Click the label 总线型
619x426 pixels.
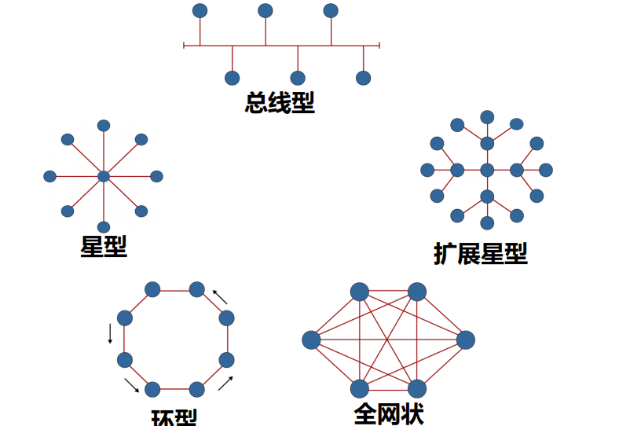pos(280,103)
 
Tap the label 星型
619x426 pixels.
pos(104,246)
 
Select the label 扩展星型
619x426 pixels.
pos(480,253)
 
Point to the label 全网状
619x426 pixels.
pos(389,413)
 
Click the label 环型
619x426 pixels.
pos(174,417)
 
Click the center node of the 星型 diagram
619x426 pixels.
pos(104,176)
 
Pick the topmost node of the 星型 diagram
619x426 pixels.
pos(104,126)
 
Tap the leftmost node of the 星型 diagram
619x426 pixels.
pos(49,176)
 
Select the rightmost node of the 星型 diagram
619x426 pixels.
pos(156,176)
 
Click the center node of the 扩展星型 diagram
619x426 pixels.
pos(487,170)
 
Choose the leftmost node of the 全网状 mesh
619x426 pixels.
pos(311,340)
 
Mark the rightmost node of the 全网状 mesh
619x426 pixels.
pos(465,340)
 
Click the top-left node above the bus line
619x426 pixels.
pos(200,10)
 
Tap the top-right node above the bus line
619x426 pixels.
pos(331,10)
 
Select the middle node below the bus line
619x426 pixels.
pos(298,78)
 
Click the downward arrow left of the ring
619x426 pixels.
pos(110,333)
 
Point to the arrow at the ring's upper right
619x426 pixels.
pos(221,297)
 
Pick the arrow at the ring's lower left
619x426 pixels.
pos(131,384)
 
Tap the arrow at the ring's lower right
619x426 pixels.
pos(225,383)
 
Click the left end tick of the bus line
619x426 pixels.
pos(184,46)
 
